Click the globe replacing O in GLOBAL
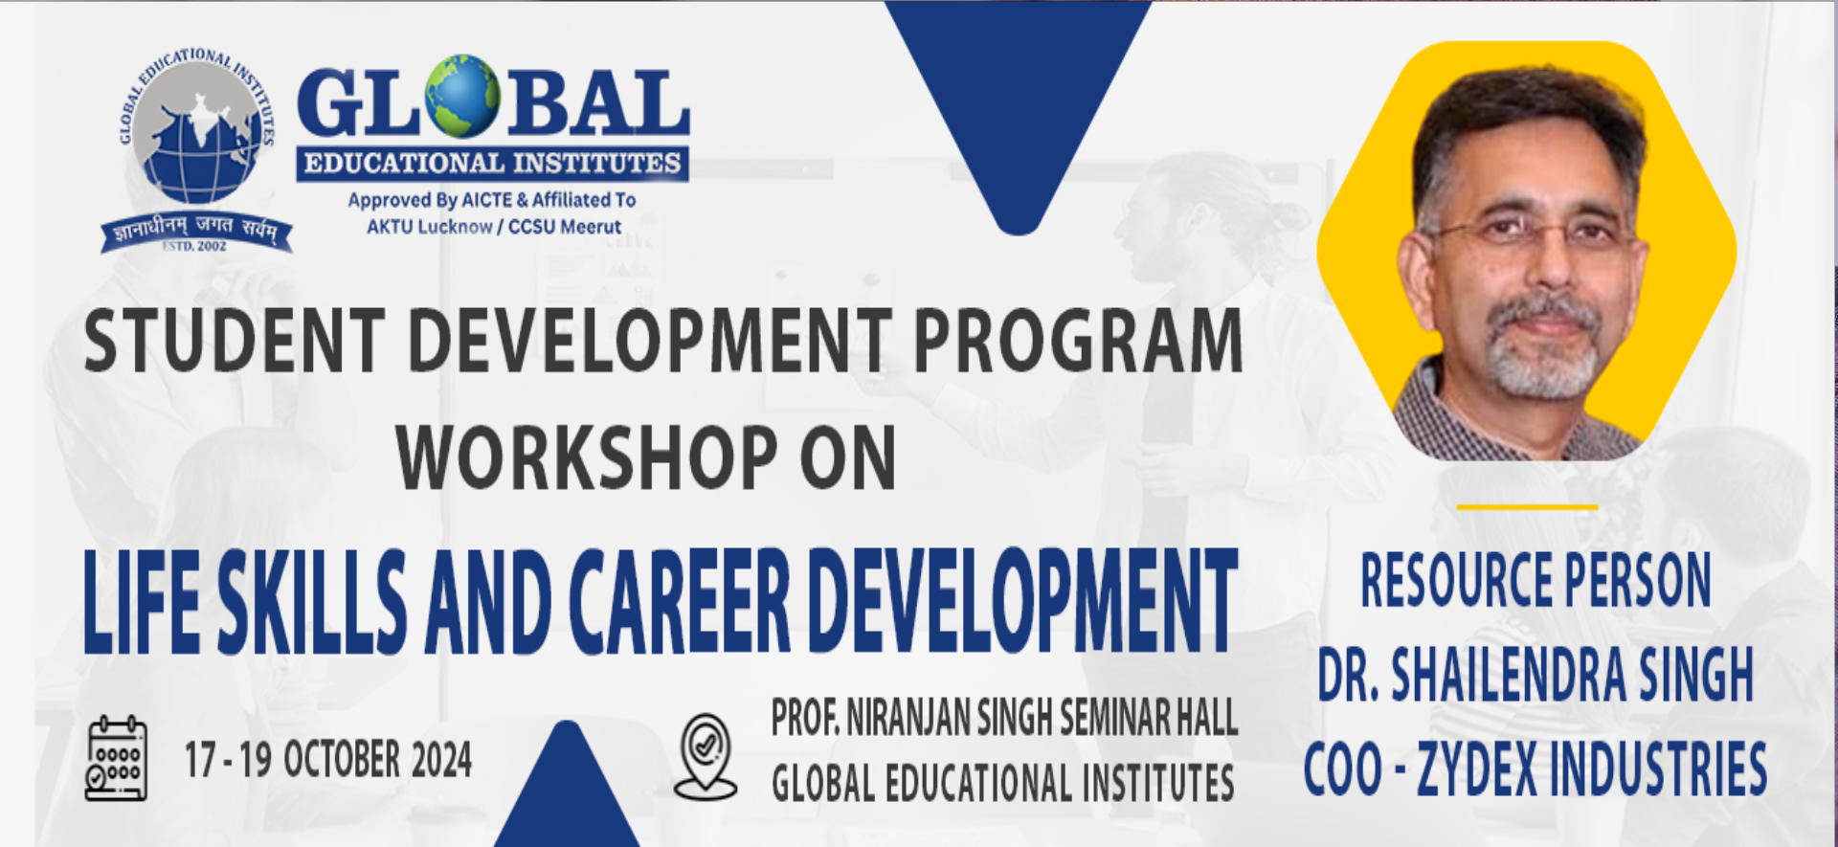(x=463, y=97)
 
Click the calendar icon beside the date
(x=117, y=758)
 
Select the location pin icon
(x=706, y=756)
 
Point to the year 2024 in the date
(x=441, y=761)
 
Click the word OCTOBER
(x=342, y=760)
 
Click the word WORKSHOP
(x=587, y=457)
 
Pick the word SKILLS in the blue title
(x=312, y=601)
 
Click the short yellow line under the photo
(x=1527, y=506)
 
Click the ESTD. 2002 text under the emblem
(x=195, y=246)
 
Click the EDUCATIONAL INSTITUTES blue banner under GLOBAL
(x=492, y=164)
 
